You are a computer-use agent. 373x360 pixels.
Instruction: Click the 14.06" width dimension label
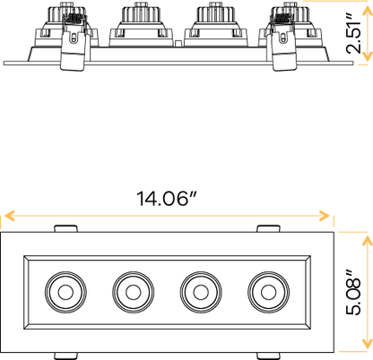[167, 198]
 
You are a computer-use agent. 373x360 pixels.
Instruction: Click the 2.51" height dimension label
[360, 34]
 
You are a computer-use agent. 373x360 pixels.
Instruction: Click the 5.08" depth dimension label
[356, 288]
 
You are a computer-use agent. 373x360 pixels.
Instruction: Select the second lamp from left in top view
[130, 289]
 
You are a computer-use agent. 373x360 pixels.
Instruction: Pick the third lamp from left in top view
[197, 289]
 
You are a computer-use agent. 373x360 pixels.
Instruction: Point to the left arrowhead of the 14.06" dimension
[8, 216]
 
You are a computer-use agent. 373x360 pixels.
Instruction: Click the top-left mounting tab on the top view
[63, 227]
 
